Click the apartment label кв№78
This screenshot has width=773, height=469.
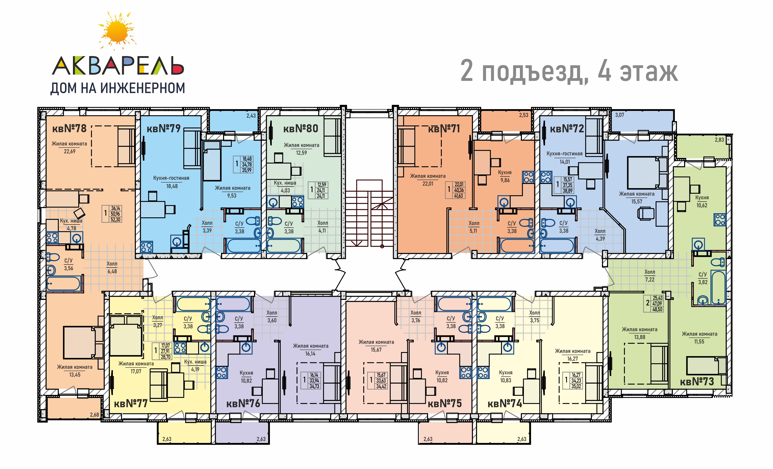click(x=69, y=128)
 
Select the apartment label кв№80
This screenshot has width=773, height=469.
click(x=300, y=128)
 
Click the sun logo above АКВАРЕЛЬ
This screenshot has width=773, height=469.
click(x=117, y=31)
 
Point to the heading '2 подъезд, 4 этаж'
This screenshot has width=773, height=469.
click(x=569, y=71)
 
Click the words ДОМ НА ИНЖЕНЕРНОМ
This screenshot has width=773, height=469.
click(x=118, y=88)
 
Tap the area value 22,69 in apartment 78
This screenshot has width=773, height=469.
click(x=70, y=151)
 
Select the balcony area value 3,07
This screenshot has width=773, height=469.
click(x=620, y=115)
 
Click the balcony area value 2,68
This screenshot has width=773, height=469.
click(x=94, y=415)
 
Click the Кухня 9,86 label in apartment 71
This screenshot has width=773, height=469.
click(x=505, y=176)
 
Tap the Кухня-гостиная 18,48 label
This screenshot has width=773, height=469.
click(x=171, y=182)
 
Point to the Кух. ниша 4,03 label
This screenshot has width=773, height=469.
click(x=285, y=187)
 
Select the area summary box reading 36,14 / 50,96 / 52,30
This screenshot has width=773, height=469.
click(x=112, y=214)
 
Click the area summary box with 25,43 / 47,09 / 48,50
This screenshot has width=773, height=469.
click(x=653, y=304)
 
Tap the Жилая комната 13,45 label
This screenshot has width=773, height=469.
click(x=75, y=371)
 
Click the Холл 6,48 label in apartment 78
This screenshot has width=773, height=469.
click(x=112, y=267)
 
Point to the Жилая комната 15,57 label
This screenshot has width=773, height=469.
click(x=637, y=198)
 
